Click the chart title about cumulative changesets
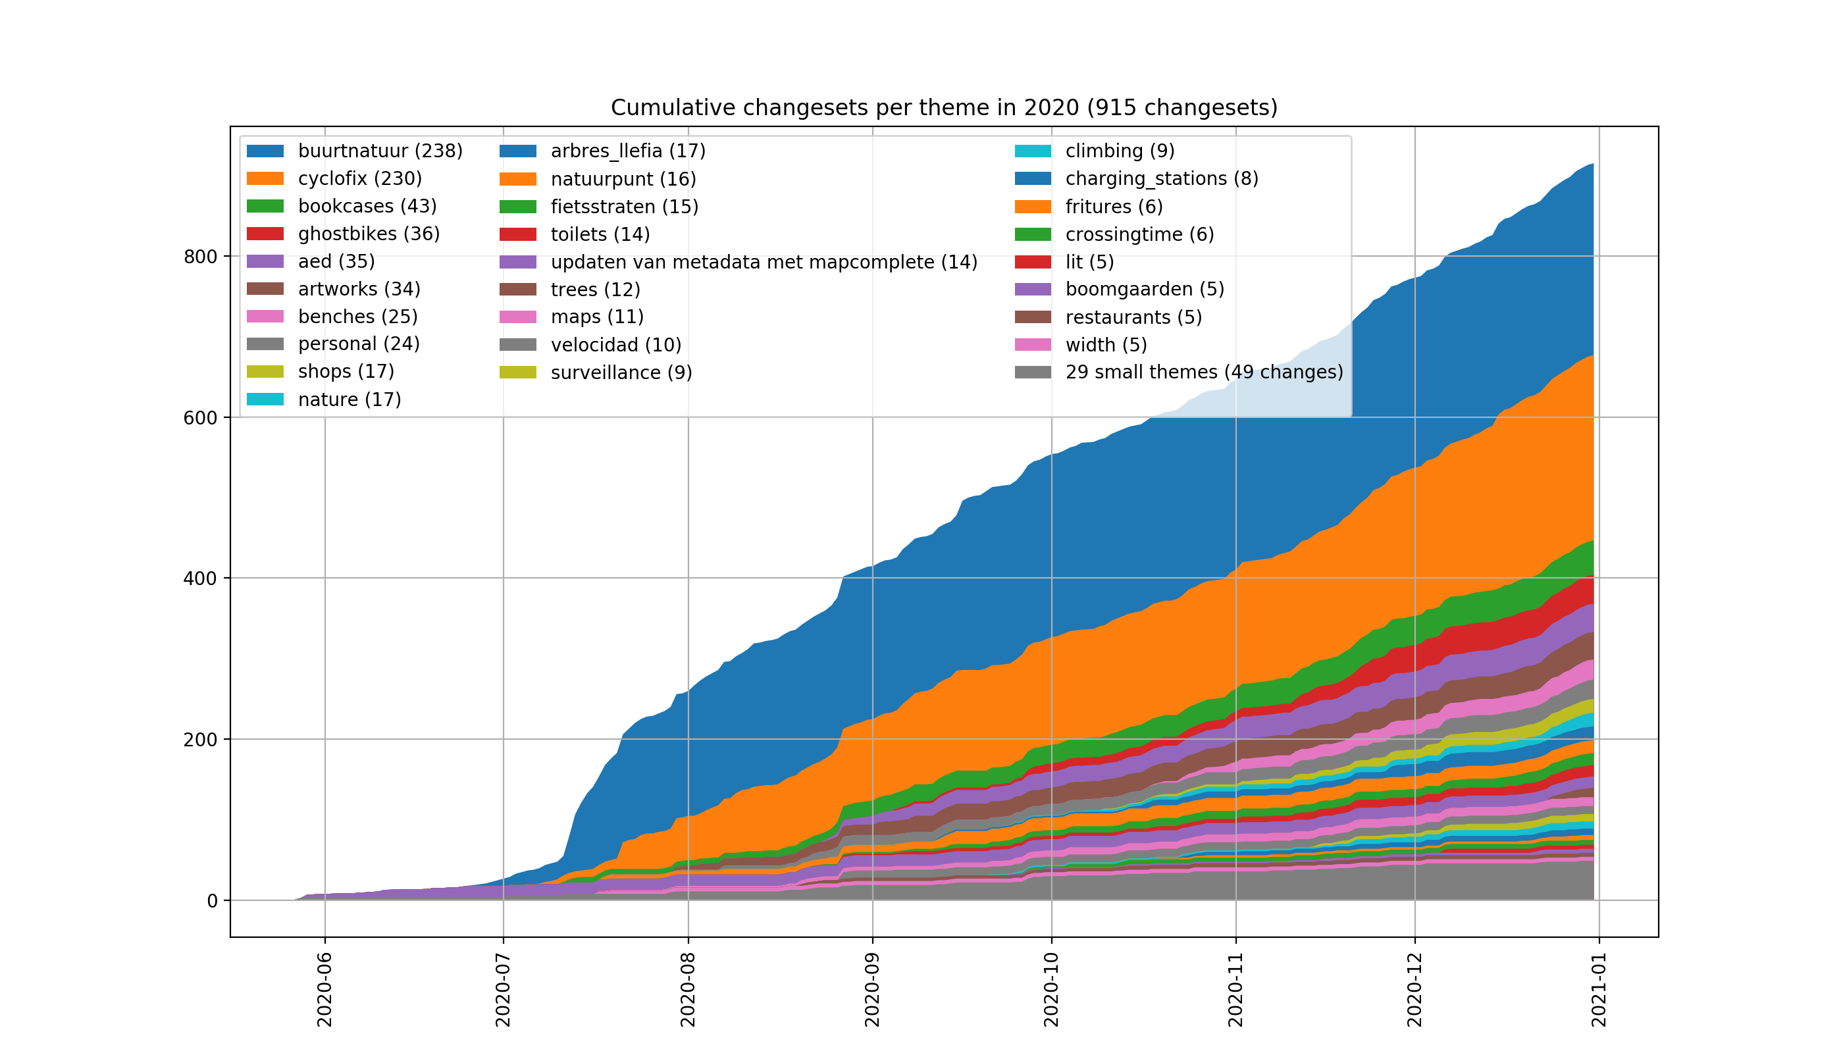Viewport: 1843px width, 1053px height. (x=944, y=108)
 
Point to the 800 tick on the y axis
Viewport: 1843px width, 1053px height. (x=200, y=257)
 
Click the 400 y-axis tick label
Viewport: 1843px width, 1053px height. (x=200, y=578)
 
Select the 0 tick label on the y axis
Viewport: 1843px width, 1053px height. (x=212, y=901)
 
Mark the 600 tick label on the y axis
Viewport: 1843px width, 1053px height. (x=200, y=418)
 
